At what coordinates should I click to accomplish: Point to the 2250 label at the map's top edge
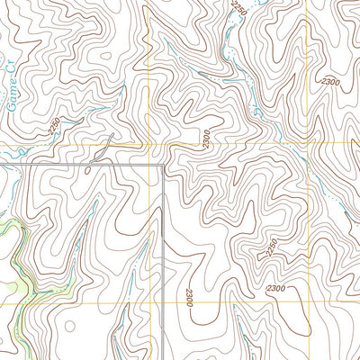click(x=238, y=8)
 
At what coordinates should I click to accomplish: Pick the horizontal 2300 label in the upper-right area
click(x=328, y=82)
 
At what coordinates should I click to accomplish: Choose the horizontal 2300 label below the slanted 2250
click(x=276, y=287)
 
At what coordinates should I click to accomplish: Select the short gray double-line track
click(x=101, y=149)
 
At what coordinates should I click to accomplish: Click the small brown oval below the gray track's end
click(x=88, y=168)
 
